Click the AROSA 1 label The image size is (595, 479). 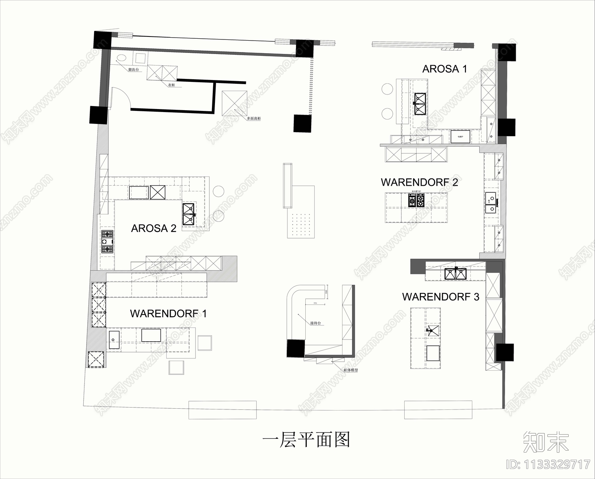click(444, 69)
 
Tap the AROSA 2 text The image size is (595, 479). click(154, 228)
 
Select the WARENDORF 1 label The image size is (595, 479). click(168, 313)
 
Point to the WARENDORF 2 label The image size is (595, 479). click(419, 182)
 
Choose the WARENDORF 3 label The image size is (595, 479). click(440, 297)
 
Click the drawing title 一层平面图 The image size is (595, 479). click(306, 440)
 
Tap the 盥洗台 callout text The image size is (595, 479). click(134, 70)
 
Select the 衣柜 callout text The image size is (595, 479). click(171, 85)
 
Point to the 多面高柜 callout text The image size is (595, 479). click(254, 118)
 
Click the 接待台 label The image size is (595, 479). click(315, 323)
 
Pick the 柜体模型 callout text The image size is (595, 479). click(351, 370)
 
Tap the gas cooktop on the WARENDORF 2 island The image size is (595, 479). click(416, 201)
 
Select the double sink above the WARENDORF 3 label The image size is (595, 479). click(456, 274)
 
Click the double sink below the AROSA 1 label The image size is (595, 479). click(420, 103)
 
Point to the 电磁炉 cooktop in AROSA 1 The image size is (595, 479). click(460, 137)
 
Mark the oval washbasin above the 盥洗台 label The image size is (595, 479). click(122, 58)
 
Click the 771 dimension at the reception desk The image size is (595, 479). click(315, 304)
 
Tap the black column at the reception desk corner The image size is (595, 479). click(296, 349)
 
